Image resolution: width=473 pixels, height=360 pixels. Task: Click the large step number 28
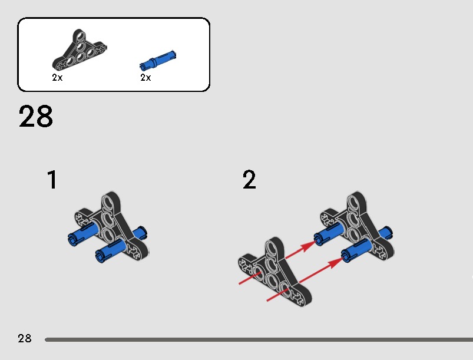click(x=35, y=116)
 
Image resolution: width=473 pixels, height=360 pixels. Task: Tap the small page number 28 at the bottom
click(x=24, y=338)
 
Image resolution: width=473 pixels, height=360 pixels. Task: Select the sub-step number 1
click(x=52, y=180)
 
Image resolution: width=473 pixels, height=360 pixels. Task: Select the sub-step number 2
click(x=249, y=179)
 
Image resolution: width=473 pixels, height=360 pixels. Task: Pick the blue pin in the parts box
click(x=158, y=60)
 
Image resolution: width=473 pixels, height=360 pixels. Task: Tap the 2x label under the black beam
click(x=57, y=78)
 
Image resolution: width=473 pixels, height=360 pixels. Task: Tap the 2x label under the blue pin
click(x=145, y=78)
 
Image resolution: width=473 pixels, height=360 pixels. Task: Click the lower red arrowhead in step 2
click(x=335, y=263)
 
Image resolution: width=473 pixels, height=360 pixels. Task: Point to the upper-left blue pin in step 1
click(x=82, y=233)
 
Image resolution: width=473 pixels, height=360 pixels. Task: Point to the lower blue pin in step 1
click(x=110, y=250)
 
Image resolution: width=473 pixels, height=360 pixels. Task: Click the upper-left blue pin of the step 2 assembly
click(x=328, y=233)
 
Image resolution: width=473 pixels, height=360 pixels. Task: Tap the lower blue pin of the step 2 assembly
click(x=356, y=250)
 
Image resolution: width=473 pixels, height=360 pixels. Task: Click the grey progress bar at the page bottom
click(x=259, y=340)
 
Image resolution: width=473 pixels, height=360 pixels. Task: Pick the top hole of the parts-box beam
click(x=80, y=37)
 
